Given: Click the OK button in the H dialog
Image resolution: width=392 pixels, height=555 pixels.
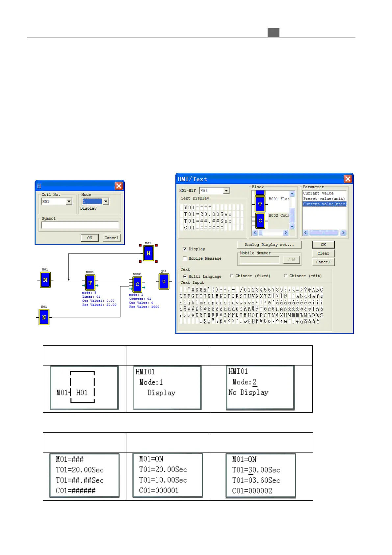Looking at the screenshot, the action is (x=90, y=238).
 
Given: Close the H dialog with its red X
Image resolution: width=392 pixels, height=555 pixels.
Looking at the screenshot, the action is (x=119, y=186).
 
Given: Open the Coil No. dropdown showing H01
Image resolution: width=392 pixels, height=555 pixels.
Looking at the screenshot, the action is (x=69, y=202).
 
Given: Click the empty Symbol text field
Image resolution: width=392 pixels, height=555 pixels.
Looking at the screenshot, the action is (x=80, y=225).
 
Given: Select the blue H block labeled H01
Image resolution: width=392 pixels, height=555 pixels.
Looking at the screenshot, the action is (x=148, y=253).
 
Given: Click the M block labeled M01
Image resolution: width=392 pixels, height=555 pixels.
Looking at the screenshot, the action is (x=45, y=280).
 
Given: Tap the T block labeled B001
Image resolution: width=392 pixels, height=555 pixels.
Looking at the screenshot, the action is (x=90, y=282).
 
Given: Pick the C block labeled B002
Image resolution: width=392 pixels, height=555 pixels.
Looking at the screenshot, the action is (x=137, y=284).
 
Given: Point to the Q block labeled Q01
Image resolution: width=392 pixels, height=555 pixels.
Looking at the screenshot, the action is (x=164, y=281).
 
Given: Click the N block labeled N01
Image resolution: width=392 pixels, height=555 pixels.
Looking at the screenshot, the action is (x=44, y=317).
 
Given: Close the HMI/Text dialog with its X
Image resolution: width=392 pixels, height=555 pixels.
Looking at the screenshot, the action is (x=348, y=179).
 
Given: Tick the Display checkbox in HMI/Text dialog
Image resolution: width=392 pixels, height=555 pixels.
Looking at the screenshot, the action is (x=185, y=249).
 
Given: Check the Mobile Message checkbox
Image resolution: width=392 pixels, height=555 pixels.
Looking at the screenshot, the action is (x=185, y=258).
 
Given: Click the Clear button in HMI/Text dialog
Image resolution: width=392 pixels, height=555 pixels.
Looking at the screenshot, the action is (x=323, y=253).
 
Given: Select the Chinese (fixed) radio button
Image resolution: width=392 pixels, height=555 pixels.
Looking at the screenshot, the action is (x=232, y=276).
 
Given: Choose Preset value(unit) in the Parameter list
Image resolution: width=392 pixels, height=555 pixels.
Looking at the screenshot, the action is (x=324, y=199).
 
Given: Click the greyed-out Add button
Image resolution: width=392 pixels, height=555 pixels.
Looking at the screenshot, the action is (x=292, y=260).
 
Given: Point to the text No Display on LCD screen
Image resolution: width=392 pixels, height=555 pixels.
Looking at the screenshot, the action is (x=248, y=393).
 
